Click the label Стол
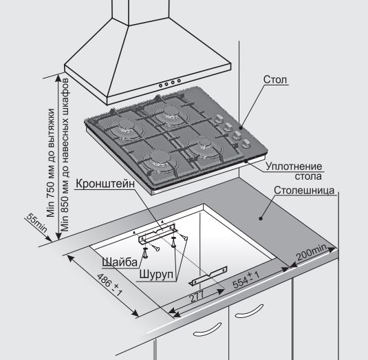[275, 80]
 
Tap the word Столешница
[304, 190]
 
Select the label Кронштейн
[105, 183]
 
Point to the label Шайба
[120, 262]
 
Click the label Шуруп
[156, 274]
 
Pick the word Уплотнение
[294, 167]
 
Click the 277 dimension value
[196, 297]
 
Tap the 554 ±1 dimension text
[246, 279]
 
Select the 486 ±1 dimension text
[110, 284]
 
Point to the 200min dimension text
[311, 253]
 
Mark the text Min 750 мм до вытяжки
[50, 162]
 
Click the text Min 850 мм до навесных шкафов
[65, 155]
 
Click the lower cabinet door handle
[207, 329]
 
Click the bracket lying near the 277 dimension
[208, 276]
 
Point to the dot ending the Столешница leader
[261, 219]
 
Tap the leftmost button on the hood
[161, 86]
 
